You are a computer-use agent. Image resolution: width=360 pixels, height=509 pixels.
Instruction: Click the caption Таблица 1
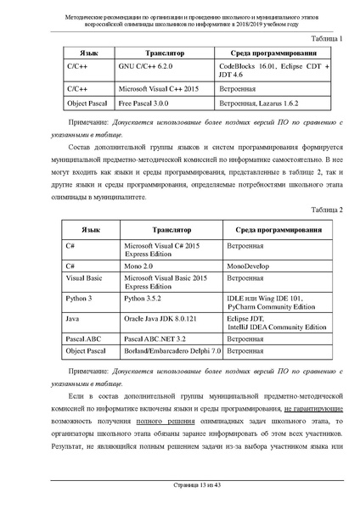pyautogui.click(x=328, y=39)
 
